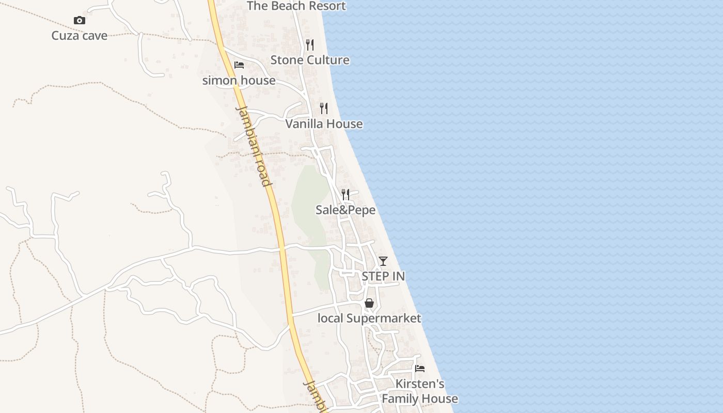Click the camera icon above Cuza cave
[80, 21]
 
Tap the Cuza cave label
[80, 36]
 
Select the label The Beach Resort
[296, 6]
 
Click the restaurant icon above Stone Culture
[309, 45]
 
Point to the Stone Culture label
[310, 60]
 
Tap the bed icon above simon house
[239, 65]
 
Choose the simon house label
[239, 81]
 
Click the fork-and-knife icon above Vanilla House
[324, 108]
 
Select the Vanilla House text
[324, 124]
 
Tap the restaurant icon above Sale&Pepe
[345, 195]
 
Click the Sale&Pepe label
[345, 210]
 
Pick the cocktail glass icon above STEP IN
[383, 261]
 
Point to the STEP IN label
[383, 276]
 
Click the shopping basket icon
[369, 303]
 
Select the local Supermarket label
[369, 318]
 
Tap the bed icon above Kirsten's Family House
[420, 369]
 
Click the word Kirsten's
[420, 384]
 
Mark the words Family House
[420, 399]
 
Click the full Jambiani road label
[253, 146]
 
